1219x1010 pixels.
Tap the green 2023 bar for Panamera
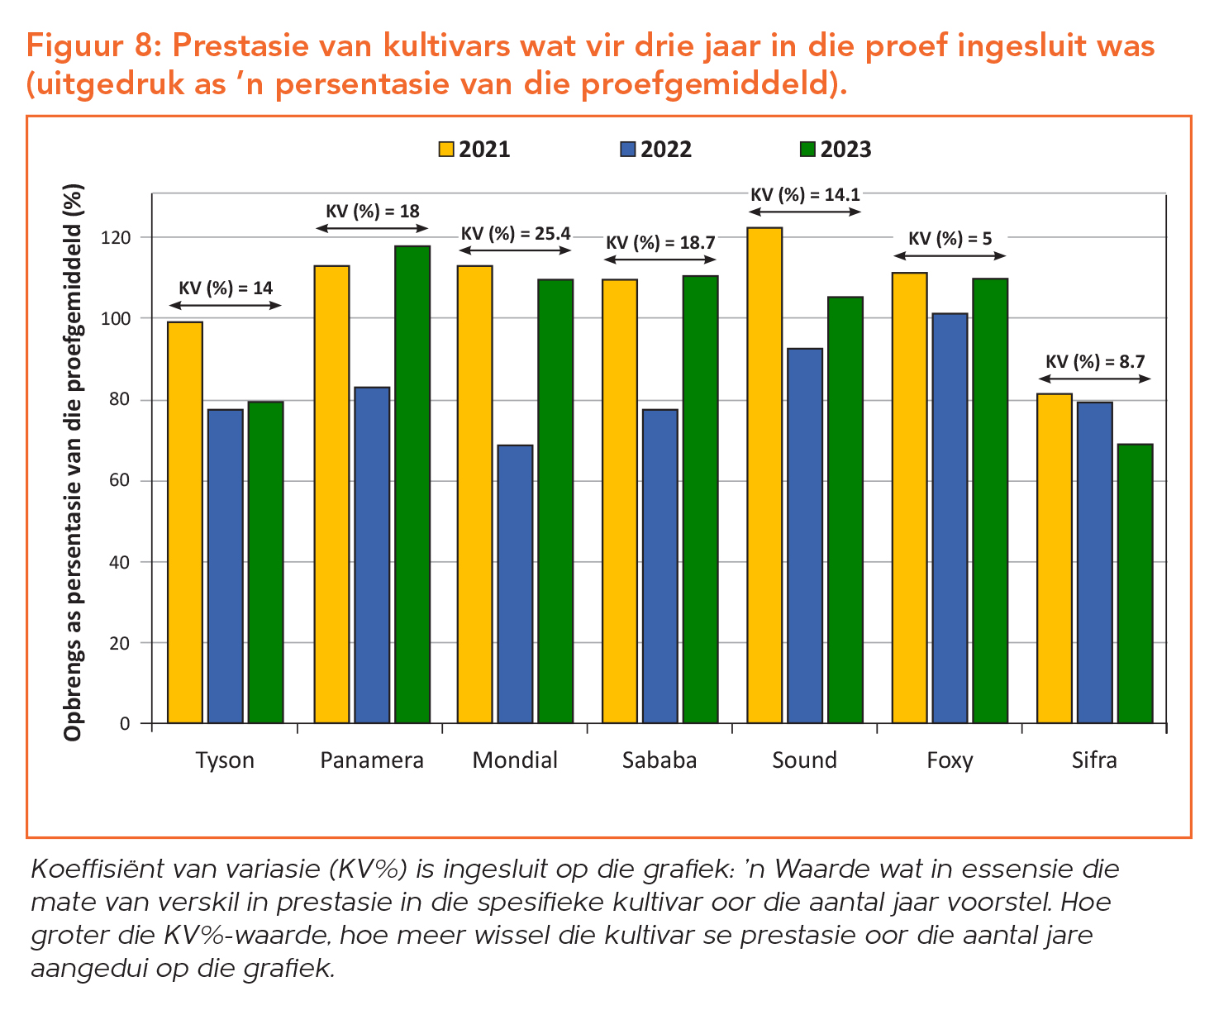412,484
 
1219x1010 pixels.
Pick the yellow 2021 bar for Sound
764,475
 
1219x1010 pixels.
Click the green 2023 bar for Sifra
1135,584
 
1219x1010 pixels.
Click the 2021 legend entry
474,150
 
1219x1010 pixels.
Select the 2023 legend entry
836,150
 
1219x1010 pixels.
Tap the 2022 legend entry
655,150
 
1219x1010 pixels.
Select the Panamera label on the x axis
372,760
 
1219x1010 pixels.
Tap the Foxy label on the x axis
950,760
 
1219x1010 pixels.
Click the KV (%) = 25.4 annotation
516,234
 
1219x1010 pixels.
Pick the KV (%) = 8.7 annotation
1095,361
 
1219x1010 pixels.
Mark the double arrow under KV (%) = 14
225,306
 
